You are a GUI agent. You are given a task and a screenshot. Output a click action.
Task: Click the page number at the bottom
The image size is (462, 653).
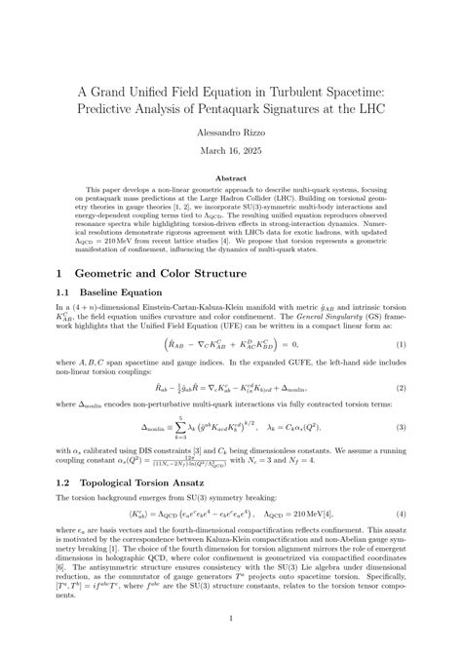click(231, 617)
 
